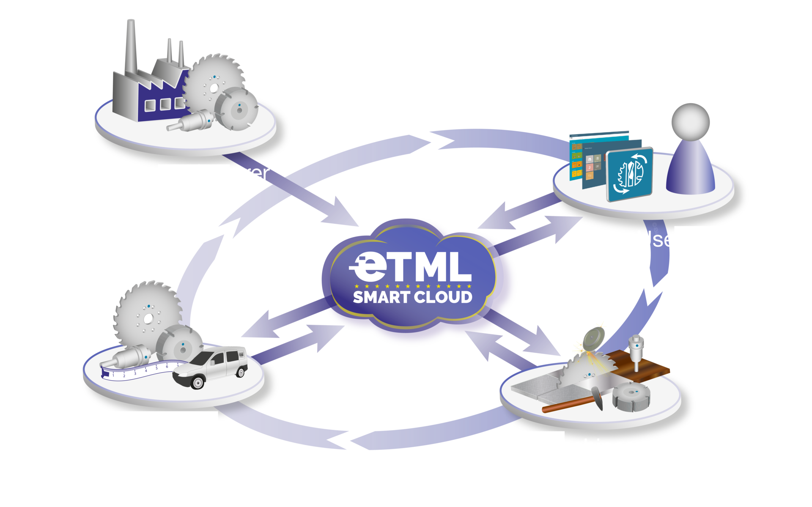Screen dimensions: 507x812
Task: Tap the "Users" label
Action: point(665,240)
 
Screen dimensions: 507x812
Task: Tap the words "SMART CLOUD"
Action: point(412,297)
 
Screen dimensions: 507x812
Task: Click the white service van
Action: point(211,366)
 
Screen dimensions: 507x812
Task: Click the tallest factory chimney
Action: point(131,47)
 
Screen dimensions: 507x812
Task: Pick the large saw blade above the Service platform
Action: point(146,311)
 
